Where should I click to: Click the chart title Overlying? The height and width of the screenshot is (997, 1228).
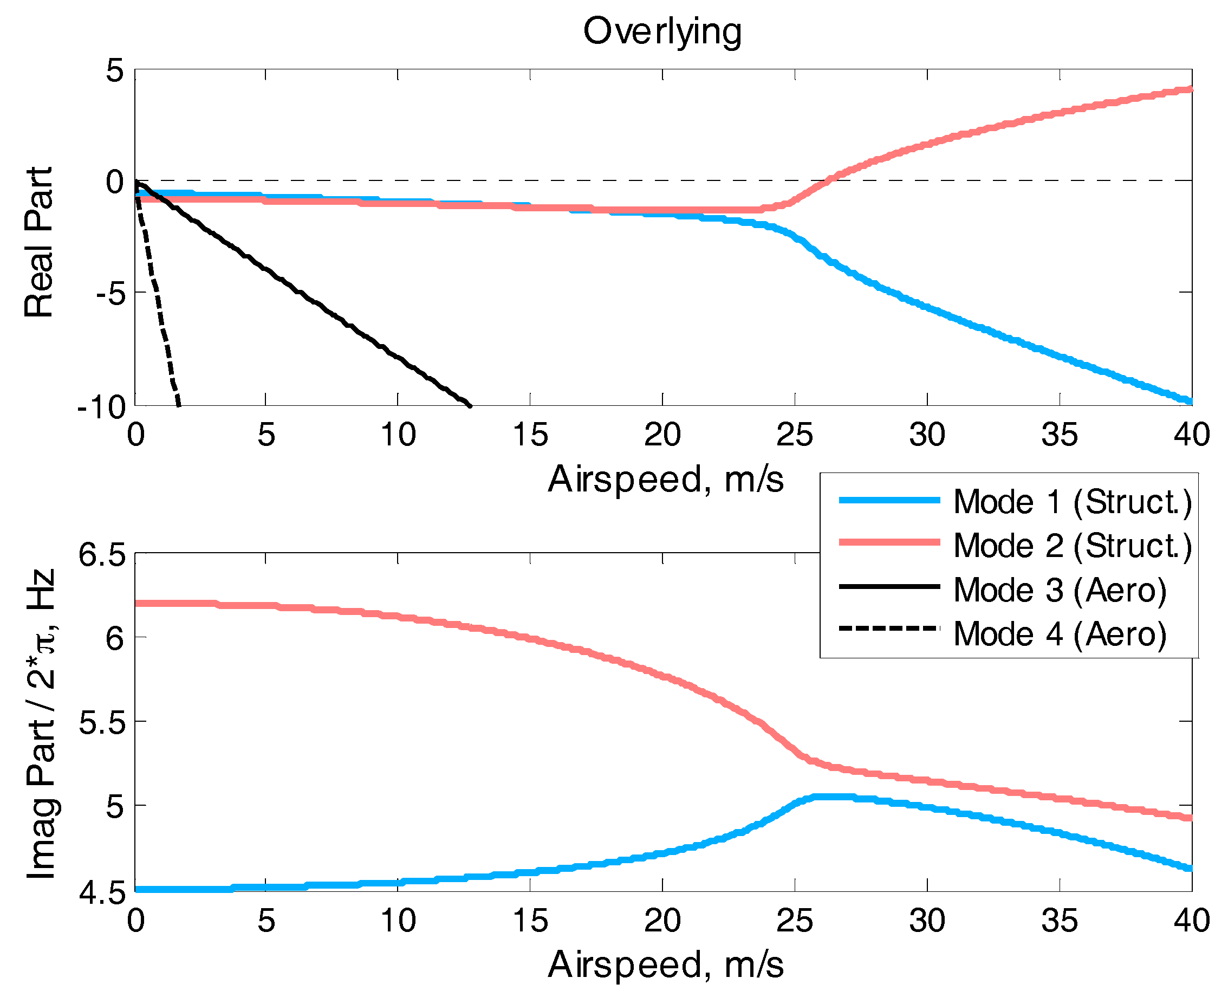[662, 31]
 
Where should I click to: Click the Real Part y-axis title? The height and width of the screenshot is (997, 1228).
[39, 242]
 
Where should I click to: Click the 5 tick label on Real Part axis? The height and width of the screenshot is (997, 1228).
[115, 71]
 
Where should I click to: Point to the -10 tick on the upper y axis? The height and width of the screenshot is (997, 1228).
[102, 407]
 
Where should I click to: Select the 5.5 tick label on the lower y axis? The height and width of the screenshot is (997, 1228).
[102, 722]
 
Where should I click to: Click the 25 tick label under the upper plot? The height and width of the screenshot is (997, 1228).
[795, 435]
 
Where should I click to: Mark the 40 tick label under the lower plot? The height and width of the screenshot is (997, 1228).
[1192, 921]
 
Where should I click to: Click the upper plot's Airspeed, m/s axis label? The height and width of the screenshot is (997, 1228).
[665, 479]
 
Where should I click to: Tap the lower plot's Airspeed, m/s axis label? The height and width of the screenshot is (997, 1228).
[665, 964]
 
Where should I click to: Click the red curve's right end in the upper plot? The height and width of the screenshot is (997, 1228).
[1190, 89]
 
